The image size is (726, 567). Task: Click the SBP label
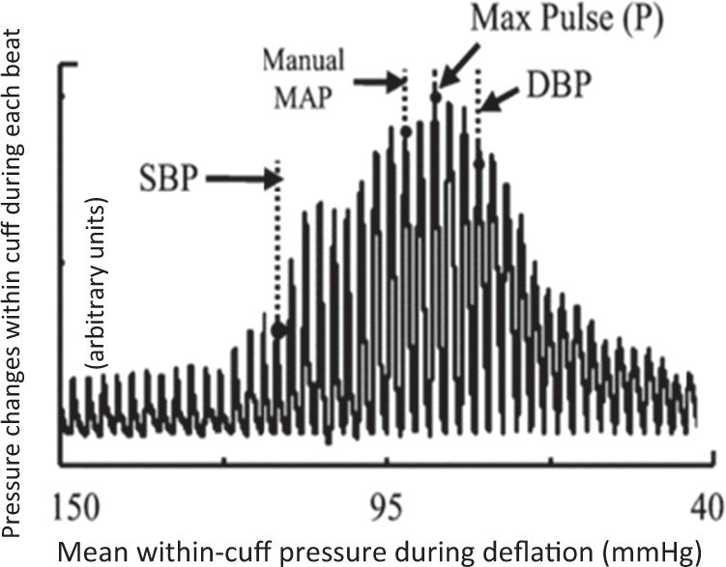[x=166, y=180]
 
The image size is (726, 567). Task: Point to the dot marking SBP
[x=278, y=329]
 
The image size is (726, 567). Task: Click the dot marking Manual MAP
[x=405, y=129]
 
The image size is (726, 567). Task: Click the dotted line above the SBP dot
[x=278, y=241]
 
